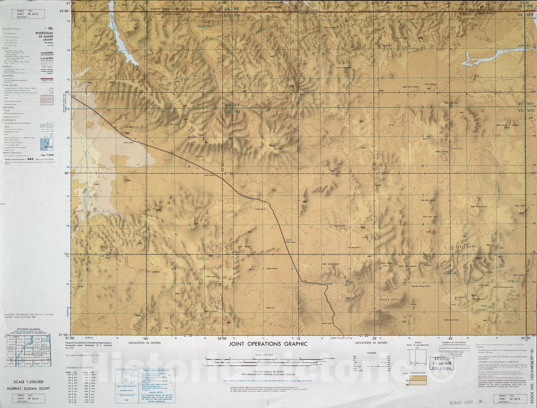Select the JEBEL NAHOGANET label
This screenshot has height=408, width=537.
[x=331, y=264]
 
